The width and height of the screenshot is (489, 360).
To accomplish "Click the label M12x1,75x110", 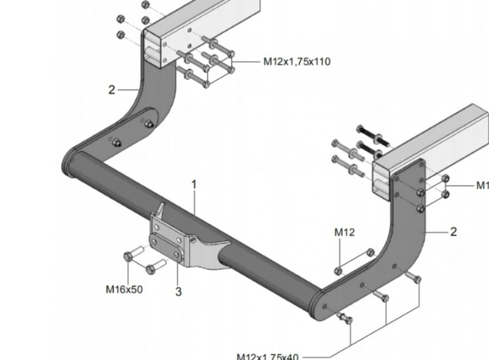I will click(x=297, y=62).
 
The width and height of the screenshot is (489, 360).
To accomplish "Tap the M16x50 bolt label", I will click(x=124, y=289).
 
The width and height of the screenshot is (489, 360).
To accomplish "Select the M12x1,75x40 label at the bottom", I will click(x=267, y=356).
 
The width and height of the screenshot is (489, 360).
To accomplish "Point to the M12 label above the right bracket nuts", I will click(x=345, y=232).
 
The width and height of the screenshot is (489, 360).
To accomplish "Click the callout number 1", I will click(x=194, y=184).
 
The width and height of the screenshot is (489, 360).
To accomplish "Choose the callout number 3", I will click(x=178, y=292).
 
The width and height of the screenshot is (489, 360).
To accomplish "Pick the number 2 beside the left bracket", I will click(x=112, y=89).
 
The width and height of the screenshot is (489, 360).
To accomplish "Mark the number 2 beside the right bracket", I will click(x=453, y=232).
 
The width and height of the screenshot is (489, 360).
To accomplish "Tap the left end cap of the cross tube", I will click(x=69, y=164).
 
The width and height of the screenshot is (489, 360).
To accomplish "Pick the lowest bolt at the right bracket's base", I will click(x=345, y=319).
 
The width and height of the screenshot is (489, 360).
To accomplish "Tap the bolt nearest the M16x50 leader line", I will click(x=129, y=258).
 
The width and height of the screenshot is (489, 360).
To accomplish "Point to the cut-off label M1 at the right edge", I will click(x=482, y=185).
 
